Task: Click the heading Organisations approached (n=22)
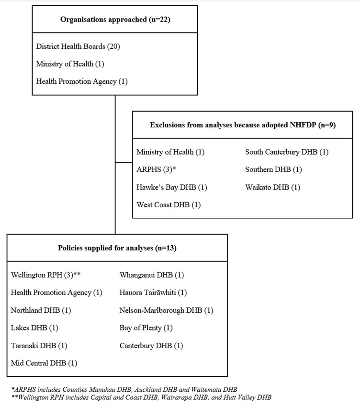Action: (x=115, y=20)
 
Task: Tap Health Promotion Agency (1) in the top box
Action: (x=82, y=81)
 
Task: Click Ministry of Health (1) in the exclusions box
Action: (x=170, y=152)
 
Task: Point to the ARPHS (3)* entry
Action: (x=157, y=170)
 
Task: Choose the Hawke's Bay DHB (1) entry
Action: (x=172, y=187)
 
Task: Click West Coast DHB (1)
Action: (x=169, y=205)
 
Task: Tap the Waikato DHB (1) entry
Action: (x=272, y=187)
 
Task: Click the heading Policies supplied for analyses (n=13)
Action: (x=117, y=248)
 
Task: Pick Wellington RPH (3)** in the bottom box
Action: (x=45, y=275)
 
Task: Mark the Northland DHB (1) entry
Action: (x=41, y=310)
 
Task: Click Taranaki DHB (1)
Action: (x=39, y=346)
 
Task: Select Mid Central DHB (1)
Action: (x=44, y=363)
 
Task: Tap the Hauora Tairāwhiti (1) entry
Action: (x=153, y=293)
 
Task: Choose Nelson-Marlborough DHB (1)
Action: (x=166, y=310)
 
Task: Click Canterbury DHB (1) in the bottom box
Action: (x=151, y=346)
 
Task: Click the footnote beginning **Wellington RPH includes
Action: (x=141, y=397)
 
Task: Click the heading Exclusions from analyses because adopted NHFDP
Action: (x=243, y=125)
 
